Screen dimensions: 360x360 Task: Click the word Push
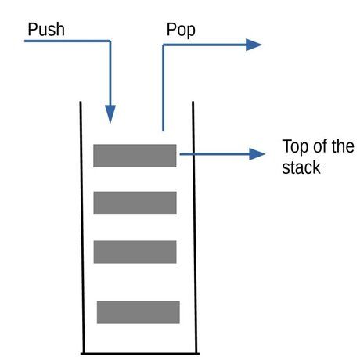tap(46, 30)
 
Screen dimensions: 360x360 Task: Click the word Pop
tap(181, 30)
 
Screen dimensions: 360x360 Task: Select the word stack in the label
tap(301, 167)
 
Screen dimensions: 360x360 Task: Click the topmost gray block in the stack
tap(135, 156)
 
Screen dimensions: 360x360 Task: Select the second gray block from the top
tap(135, 203)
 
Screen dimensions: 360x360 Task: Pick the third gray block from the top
tap(135, 252)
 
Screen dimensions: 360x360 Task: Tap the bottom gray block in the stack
tap(138, 311)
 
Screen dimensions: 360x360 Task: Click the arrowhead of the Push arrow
tap(110, 115)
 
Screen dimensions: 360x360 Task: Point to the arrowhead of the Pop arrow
tap(254, 45)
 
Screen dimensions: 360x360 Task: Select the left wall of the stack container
tap(81, 227)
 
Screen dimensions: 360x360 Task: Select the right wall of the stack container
tap(193, 227)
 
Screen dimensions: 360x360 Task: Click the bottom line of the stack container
tap(139, 354)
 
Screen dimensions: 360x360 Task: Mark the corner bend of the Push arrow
tap(110, 41)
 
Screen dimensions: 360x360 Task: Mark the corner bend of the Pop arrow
tap(163, 45)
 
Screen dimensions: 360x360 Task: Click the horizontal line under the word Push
tap(67, 41)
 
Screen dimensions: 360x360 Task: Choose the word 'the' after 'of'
tap(342, 147)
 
